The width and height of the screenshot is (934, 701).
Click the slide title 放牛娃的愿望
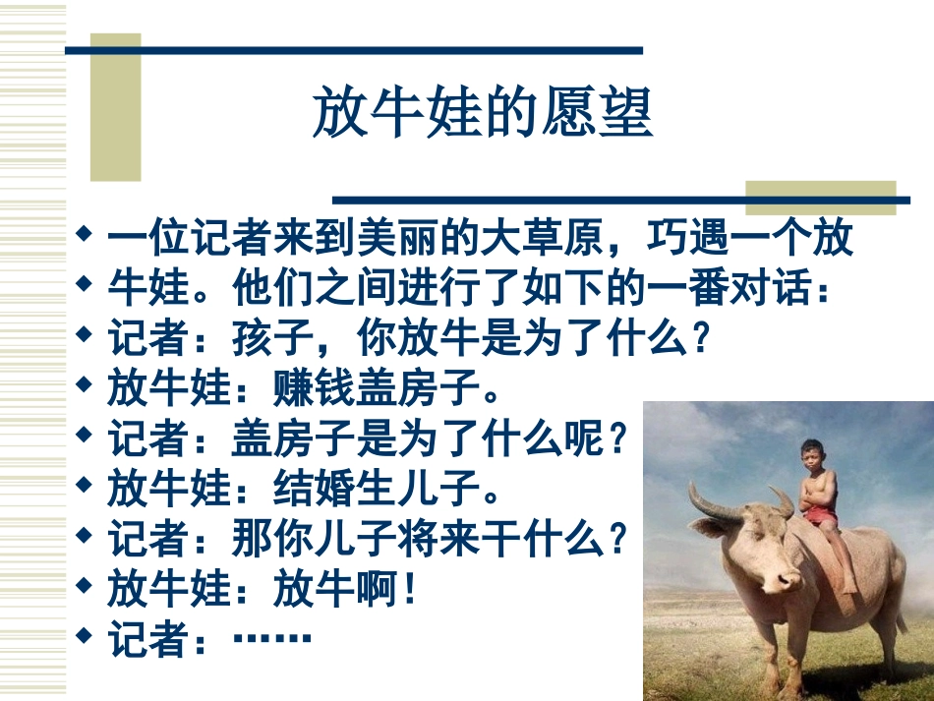pos(482,113)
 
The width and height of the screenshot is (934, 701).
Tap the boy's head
pos(811,455)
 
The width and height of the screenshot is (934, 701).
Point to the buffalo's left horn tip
pos(692,485)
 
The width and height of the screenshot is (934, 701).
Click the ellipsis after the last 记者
pos(272,640)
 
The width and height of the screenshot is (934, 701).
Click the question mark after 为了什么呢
pos(618,438)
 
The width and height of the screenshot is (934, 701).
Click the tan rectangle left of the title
pos(115,108)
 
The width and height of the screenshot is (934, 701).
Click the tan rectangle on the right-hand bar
pos(820,197)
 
